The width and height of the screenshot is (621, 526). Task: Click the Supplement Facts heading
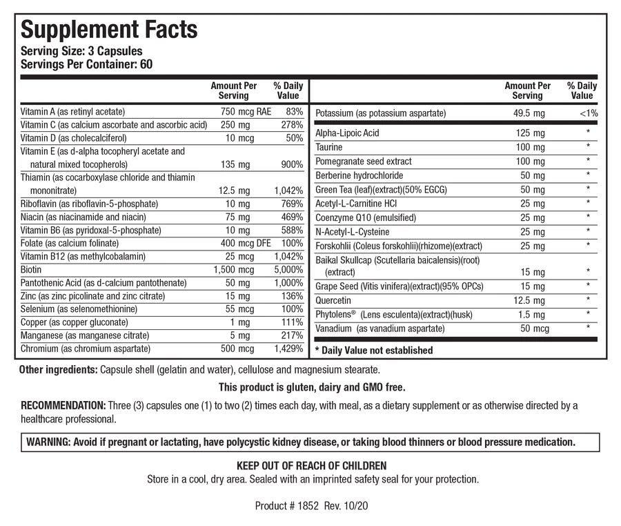109,30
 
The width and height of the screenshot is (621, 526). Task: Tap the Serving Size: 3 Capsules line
82,52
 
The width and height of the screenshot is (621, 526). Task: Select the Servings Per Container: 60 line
87,64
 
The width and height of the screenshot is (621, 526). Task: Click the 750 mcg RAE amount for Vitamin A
238,112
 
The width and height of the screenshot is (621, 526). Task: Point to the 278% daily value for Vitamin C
292,125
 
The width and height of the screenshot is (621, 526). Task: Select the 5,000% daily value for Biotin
288,269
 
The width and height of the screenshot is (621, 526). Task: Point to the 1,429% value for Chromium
288,349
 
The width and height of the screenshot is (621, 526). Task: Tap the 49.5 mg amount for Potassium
529,113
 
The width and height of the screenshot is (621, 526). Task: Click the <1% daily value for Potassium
589,113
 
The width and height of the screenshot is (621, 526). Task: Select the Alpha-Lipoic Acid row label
347,133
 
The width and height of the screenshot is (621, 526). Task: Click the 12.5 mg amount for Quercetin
529,300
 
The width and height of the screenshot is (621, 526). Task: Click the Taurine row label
329,147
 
